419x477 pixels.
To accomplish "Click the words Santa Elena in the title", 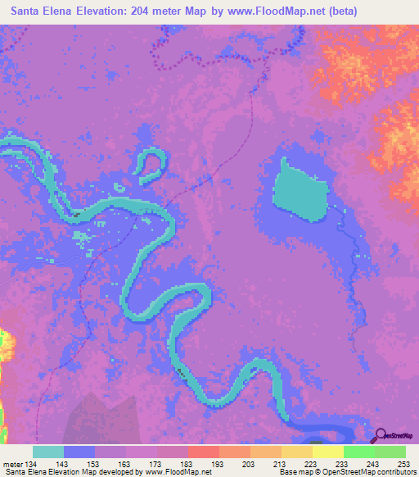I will pos(40,11).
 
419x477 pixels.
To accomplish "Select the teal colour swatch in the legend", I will pos(48,452).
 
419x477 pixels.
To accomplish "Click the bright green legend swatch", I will pos(358,452).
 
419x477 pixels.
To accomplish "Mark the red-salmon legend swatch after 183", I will pos(203,452).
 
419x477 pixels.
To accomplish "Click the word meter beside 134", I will pos(13,464).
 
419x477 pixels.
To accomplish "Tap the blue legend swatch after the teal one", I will pos(79,452).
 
